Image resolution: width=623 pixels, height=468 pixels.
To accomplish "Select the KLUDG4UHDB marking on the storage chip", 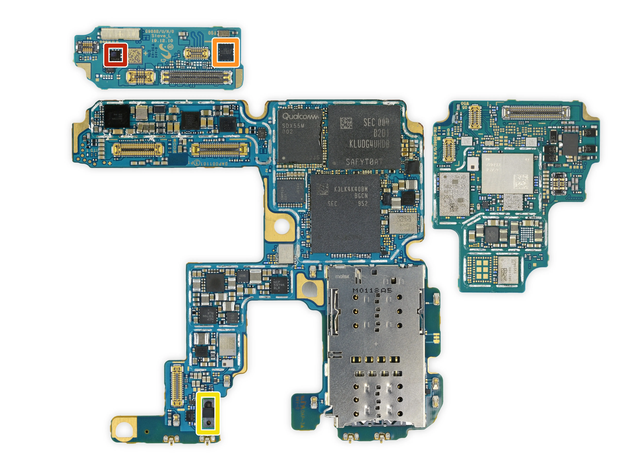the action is pos(369,144).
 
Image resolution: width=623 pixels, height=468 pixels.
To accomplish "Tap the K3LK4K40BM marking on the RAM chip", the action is pos(351,189).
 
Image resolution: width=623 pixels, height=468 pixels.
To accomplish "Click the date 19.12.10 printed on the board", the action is pos(162,41).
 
